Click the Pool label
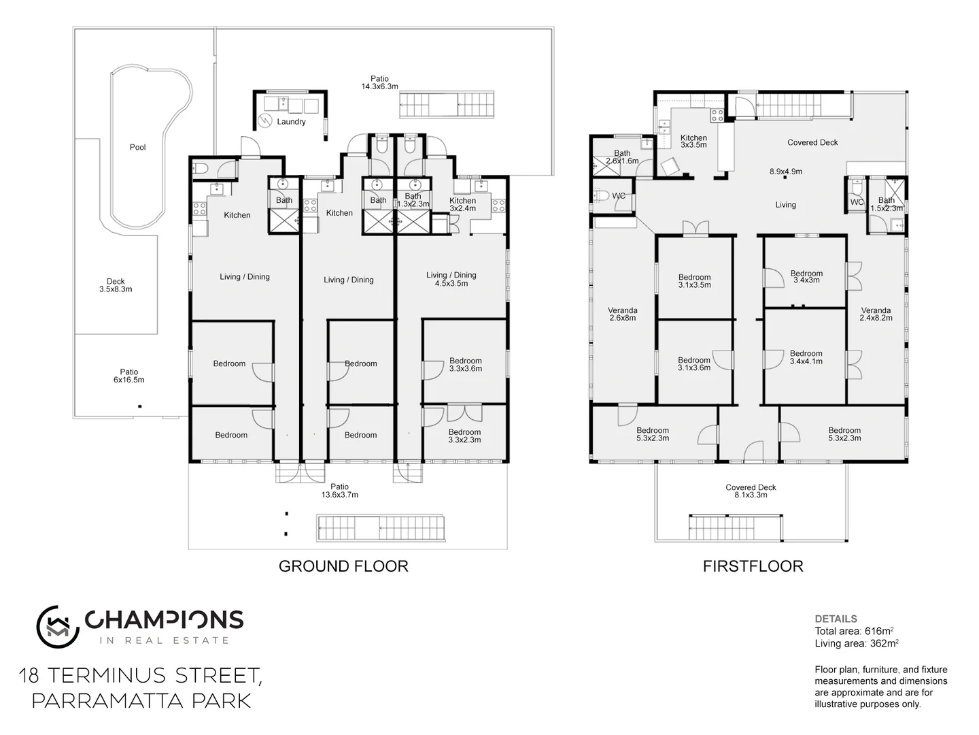(137, 147)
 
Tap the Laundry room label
(291, 122)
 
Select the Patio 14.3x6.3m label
(379, 82)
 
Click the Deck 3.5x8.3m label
(116, 285)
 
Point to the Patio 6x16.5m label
(129, 376)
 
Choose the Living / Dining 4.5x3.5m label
(451, 279)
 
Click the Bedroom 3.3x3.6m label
(465, 365)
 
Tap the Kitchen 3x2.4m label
(462, 204)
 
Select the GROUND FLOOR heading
(343, 566)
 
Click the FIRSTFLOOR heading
(753, 566)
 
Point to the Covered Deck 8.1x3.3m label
(751, 491)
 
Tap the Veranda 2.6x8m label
(622, 314)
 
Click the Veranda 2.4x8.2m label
(875, 314)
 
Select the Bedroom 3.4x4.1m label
(806, 357)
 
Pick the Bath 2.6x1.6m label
(622, 157)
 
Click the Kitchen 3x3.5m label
(693, 141)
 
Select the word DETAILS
(836, 619)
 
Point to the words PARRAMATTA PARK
(141, 700)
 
